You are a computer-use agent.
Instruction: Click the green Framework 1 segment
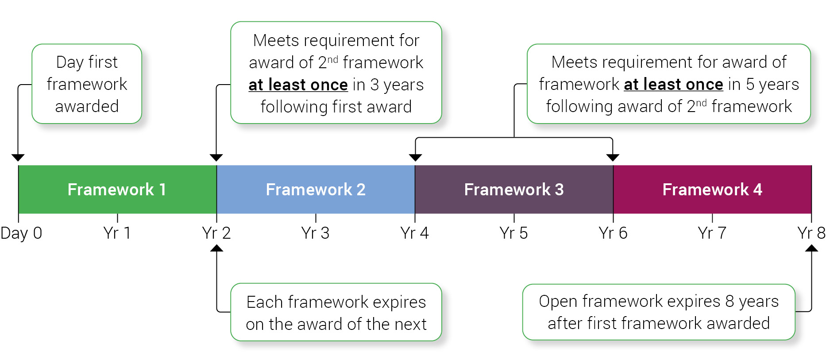[117, 190]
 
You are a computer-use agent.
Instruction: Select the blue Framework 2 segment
[315, 190]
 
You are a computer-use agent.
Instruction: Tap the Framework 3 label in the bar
[513, 190]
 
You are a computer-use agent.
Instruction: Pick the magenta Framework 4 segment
[712, 190]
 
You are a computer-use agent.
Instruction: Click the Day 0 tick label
[21, 233]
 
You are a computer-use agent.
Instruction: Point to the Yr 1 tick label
[117, 233]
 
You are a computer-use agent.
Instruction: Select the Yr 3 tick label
[315, 233]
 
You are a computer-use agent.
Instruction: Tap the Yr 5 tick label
[513, 233]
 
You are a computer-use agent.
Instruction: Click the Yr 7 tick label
[712, 233]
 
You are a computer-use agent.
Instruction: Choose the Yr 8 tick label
[811, 233]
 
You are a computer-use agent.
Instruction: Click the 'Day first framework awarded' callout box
[87, 84]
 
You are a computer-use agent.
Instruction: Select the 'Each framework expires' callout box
[336, 312]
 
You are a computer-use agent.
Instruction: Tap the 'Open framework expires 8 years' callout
[659, 312]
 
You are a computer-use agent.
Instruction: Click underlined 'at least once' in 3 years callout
[298, 85]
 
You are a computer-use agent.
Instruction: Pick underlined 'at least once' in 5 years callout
[673, 84]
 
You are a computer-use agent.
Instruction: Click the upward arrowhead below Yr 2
[216, 248]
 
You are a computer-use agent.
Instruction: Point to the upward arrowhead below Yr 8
[811, 248]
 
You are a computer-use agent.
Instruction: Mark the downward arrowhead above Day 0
[18, 158]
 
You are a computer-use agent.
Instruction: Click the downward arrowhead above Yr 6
[613, 158]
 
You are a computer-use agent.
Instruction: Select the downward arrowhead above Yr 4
[415, 158]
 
